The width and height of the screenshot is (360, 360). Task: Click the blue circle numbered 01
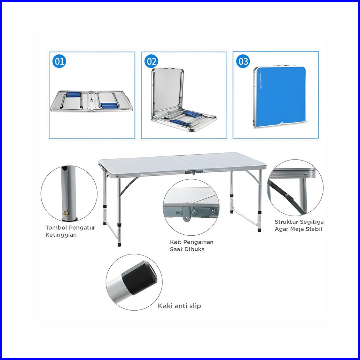59,62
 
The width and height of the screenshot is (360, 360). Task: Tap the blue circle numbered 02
151,62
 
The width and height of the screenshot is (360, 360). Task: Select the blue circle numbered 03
243,62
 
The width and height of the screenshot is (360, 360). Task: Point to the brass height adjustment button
65,213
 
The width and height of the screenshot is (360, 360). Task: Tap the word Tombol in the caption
56,228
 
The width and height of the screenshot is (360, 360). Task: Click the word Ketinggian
61,235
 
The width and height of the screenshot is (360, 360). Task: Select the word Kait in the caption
176,242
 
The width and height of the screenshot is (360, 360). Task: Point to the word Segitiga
312,222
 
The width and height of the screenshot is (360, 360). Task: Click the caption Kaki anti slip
179,306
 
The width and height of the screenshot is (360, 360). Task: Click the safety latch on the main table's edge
194,172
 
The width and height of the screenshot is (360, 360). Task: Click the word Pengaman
201,242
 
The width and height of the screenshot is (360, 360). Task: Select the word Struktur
287,222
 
